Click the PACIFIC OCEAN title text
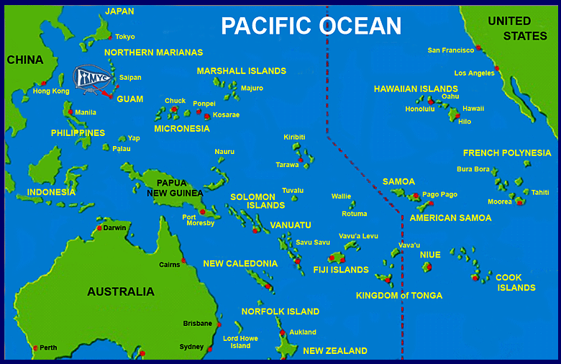311,26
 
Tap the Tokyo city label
124,37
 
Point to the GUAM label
129,99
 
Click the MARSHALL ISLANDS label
241,70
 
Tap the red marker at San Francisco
478,48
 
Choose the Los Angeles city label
474,73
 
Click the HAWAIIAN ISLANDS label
416,88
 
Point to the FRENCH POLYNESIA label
507,153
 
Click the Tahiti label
540,192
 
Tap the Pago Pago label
439,194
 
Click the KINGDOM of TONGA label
399,296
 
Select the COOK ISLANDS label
515,282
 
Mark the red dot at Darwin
99,229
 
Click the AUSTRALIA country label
121,291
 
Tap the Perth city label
48,347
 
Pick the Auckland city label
302,332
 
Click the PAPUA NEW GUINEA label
175,188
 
